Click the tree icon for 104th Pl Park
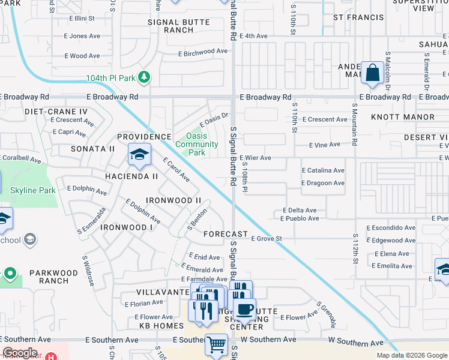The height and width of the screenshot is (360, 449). click(143, 78)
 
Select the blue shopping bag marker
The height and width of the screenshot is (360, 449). click(372, 73)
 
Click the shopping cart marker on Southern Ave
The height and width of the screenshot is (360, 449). click(216, 346)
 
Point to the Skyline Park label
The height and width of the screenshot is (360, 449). click(33, 190)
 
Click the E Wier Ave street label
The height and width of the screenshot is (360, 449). click(256, 158)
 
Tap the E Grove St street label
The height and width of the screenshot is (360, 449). click(267, 238)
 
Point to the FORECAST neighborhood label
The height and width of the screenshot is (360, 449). click(226, 233)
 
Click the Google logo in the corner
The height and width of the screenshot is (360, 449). click(20, 353)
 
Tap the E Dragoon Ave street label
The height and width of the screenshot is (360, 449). click(323, 183)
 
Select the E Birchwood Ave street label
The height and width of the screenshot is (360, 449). click(203, 52)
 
